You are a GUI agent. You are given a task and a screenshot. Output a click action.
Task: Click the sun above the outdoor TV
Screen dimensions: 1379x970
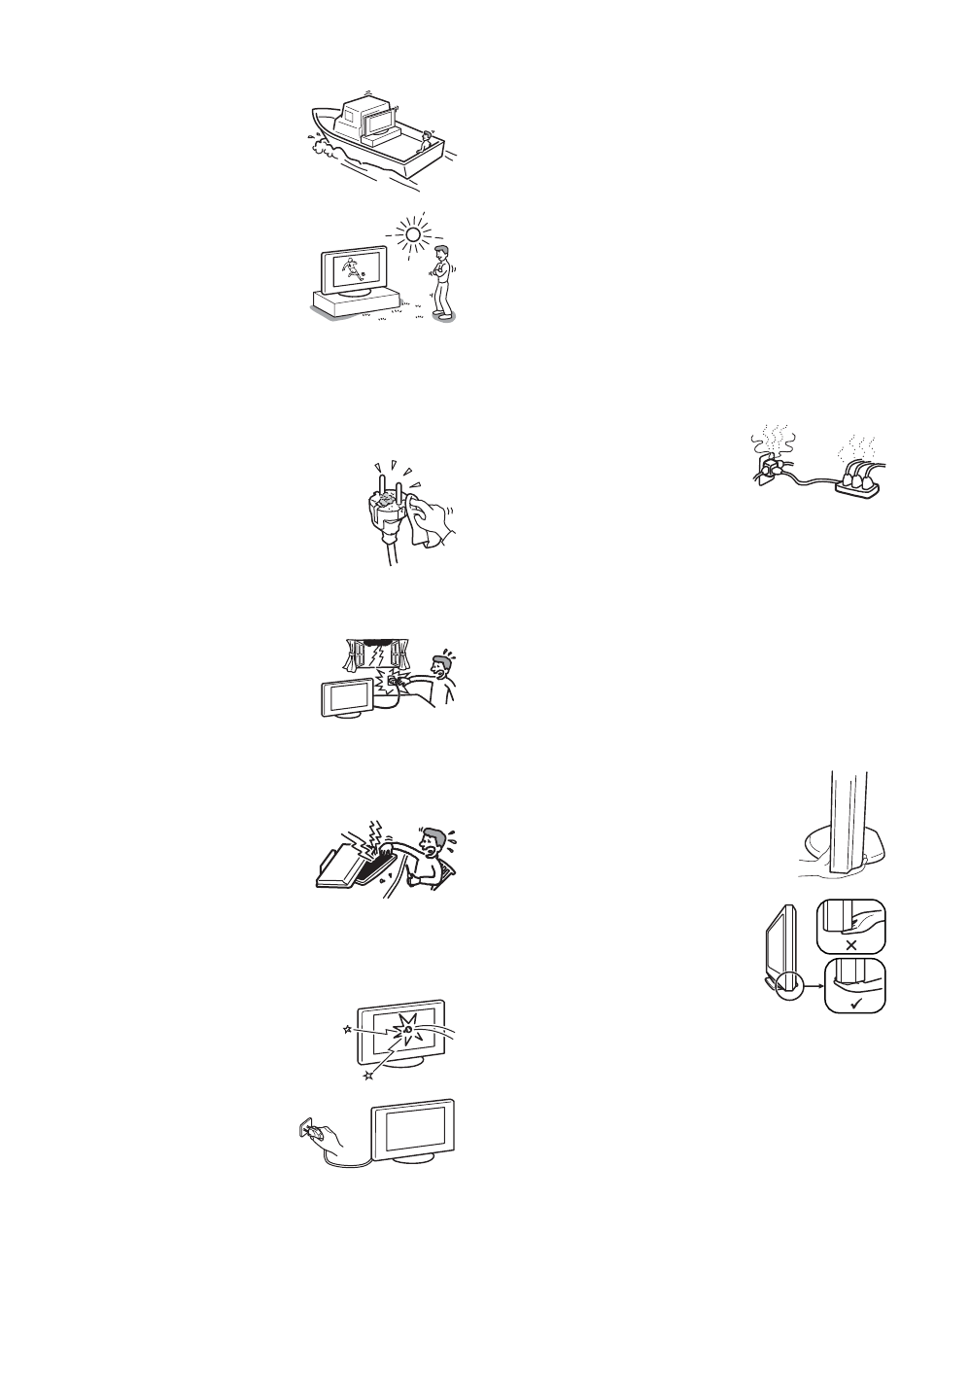tap(414, 234)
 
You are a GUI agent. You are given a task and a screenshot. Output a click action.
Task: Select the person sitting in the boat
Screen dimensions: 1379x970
tap(425, 143)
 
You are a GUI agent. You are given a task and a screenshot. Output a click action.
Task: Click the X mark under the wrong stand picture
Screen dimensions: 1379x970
tap(851, 944)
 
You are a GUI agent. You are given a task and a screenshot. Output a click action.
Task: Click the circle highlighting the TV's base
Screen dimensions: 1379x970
tap(785, 983)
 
